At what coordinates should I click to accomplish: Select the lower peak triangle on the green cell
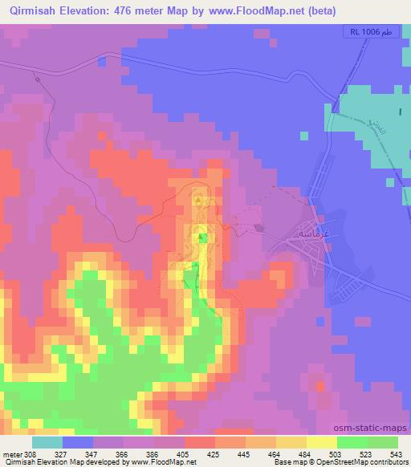click(202, 236)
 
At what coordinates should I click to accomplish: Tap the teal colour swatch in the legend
click(47, 442)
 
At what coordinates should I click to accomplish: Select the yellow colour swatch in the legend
click(321, 442)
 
